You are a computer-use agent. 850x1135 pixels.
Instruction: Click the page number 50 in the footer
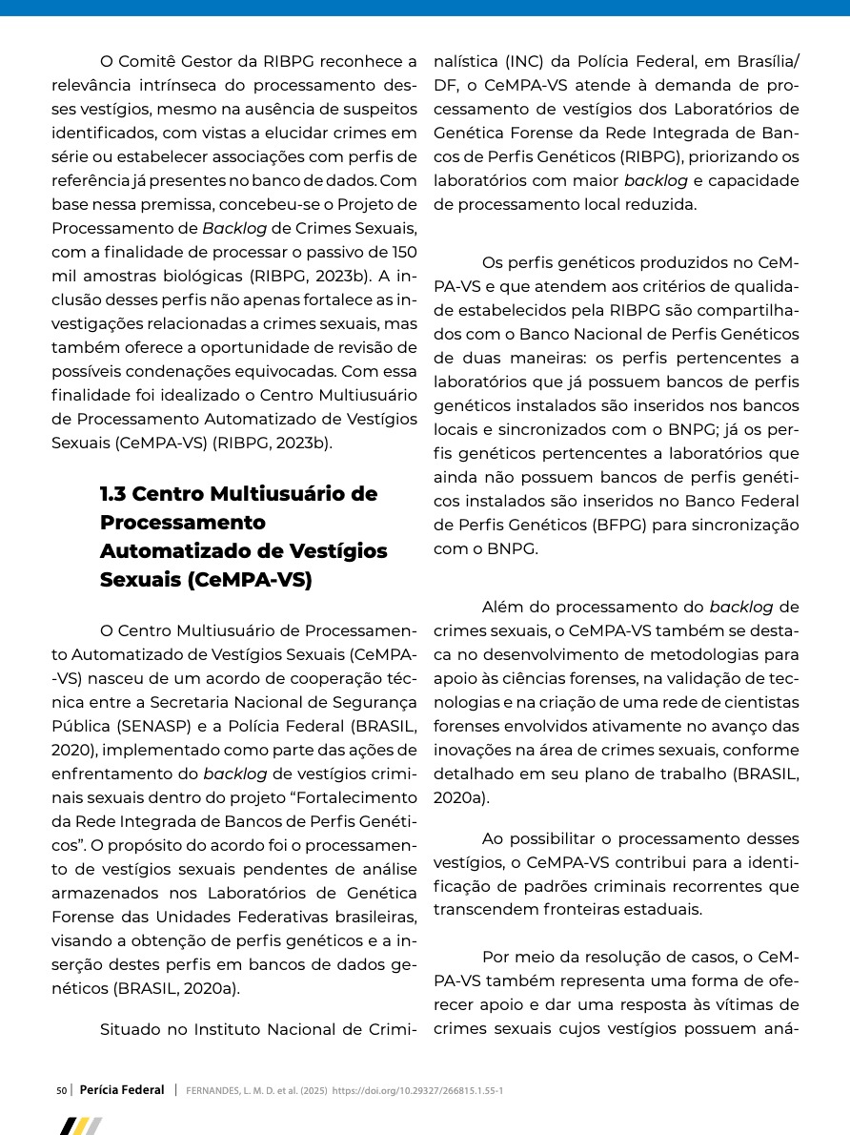point(61,1089)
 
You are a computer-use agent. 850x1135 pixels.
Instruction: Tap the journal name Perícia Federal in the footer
point(122,1089)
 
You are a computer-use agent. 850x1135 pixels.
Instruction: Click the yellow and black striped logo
point(81,1126)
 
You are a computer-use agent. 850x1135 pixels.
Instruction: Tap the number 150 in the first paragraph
point(403,253)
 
